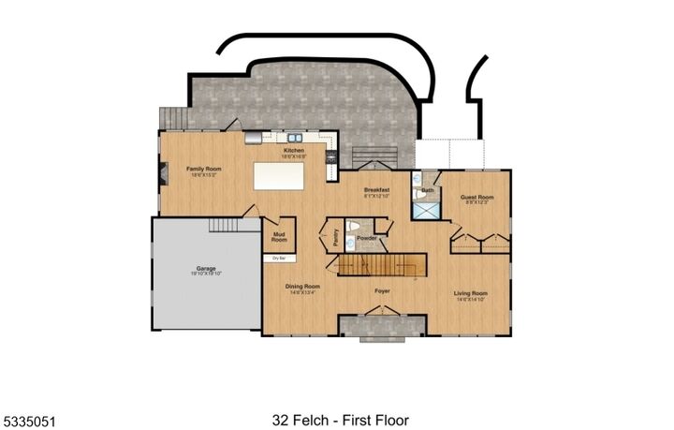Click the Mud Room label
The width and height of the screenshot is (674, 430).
click(x=279, y=236)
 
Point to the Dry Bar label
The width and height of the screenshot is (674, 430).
click(x=278, y=258)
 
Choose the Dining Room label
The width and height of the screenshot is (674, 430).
click(x=302, y=288)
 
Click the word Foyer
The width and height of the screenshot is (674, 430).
click(x=382, y=291)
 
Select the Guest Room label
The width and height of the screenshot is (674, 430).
click(x=476, y=199)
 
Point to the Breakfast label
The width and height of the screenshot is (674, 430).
click(x=377, y=191)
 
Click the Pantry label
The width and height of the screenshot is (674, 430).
click(x=334, y=238)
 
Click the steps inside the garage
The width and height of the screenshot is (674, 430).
click(x=226, y=225)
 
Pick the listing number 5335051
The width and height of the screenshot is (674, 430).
click(x=29, y=421)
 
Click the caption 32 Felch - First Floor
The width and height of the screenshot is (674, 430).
click(x=340, y=421)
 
